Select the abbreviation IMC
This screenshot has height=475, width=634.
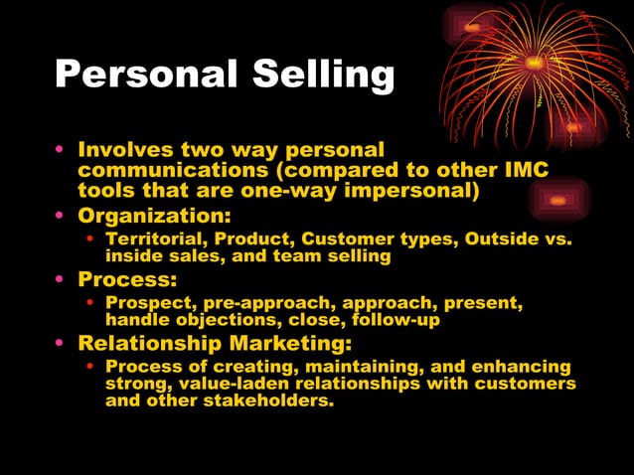524,170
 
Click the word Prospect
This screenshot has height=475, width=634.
148,304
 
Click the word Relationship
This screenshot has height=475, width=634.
143,344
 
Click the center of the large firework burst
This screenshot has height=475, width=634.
535,62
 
